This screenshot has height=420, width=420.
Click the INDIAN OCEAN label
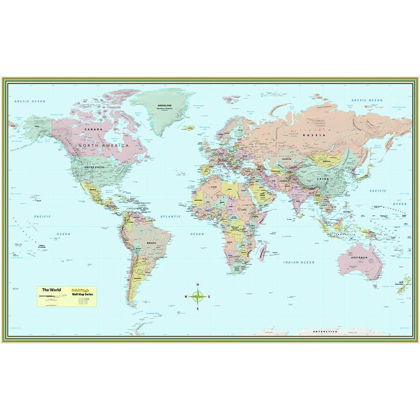[299, 261]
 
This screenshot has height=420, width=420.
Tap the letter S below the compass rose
[198, 309]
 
